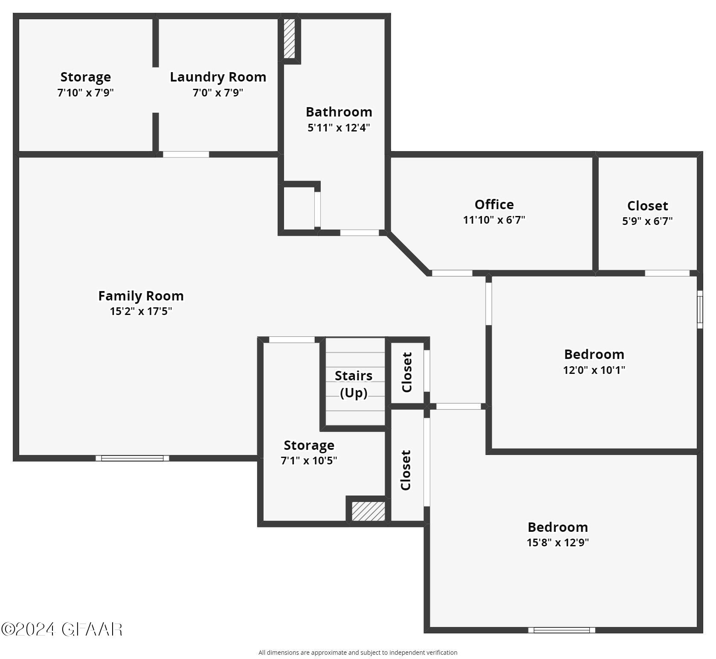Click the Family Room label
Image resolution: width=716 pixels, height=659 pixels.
[141, 296]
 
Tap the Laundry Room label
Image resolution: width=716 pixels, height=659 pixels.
[218, 77]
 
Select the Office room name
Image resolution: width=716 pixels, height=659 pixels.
[494, 204]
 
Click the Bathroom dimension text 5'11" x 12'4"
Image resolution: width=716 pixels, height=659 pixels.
[339, 128]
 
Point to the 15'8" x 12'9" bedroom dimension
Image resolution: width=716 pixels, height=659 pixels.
[557, 542]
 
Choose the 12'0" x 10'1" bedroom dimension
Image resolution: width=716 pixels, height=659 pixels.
[594, 370]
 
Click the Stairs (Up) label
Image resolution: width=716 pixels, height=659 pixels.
[354, 384]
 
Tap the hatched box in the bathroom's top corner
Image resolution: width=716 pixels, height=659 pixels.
[289, 38]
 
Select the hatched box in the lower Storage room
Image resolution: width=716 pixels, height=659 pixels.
[368, 511]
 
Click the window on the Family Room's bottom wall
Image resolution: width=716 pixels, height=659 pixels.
[132, 458]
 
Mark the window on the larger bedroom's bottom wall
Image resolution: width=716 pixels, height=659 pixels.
[561, 630]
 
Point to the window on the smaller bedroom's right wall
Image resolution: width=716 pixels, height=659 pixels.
[699, 309]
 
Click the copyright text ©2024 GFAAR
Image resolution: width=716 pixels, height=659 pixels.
[62, 630]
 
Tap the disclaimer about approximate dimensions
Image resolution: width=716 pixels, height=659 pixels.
[358, 652]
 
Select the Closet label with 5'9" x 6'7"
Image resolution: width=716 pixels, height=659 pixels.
[647, 206]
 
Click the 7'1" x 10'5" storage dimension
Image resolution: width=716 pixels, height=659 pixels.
[309, 461]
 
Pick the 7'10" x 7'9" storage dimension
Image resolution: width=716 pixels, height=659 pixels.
[85, 93]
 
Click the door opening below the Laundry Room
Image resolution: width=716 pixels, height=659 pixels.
[186, 155]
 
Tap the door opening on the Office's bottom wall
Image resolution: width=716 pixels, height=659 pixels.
[452, 273]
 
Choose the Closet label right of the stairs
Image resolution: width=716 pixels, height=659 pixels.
[407, 372]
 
